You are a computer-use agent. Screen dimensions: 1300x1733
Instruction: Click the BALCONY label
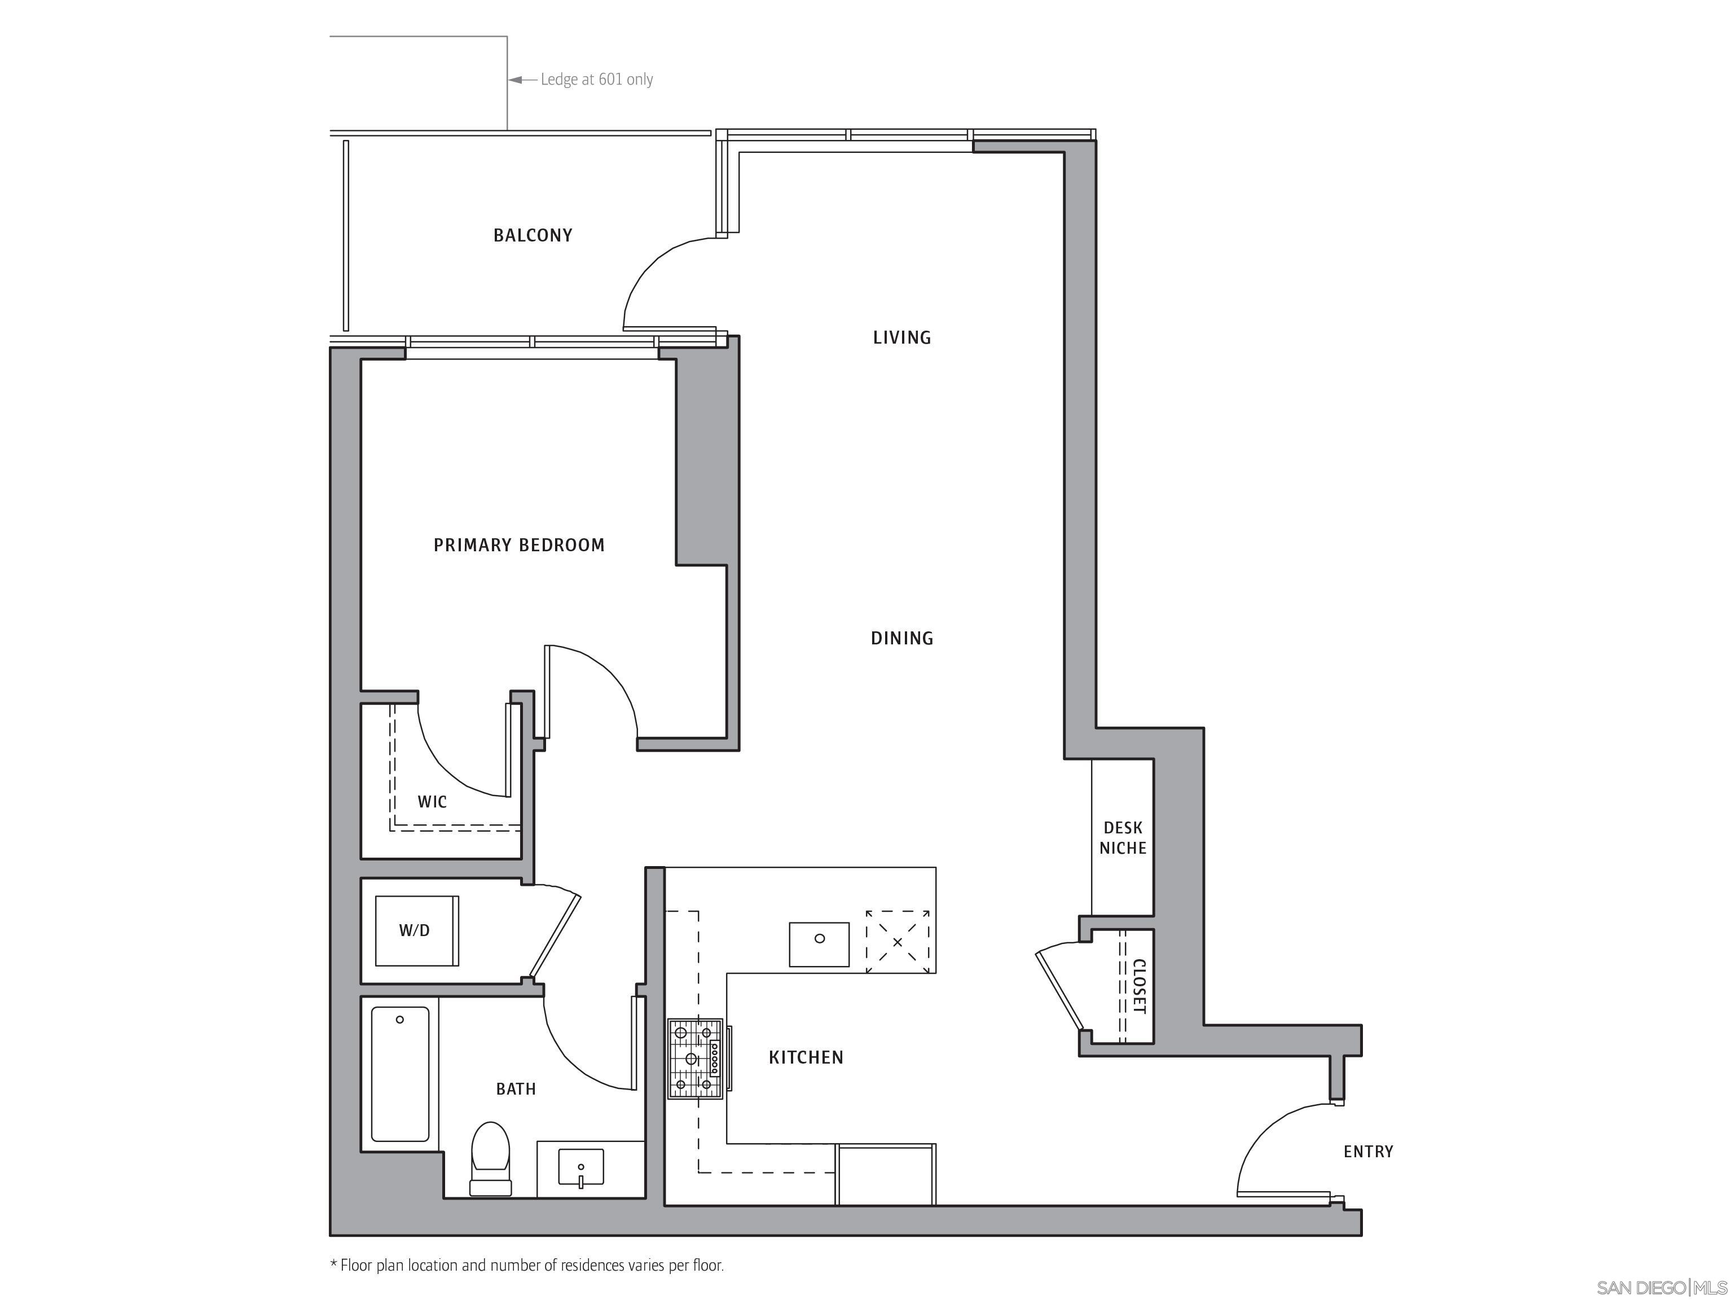click(x=533, y=235)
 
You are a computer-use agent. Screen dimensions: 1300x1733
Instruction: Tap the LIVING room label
click(x=901, y=338)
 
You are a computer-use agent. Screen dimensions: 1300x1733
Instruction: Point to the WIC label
click(x=432, y=802)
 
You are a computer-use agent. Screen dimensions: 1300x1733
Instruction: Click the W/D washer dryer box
click(x=416, y=931)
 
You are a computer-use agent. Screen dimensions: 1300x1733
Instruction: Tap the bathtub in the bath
click(x=399, y=1074)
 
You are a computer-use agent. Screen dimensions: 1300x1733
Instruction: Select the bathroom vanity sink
click(x=580, y=1167)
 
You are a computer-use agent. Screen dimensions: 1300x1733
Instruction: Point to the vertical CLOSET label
click(x=1139, y=986)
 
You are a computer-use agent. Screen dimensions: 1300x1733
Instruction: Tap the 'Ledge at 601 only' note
click(x=596, y=79)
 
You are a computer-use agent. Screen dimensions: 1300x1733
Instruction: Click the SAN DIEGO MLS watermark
click(x=1661, y=1288)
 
